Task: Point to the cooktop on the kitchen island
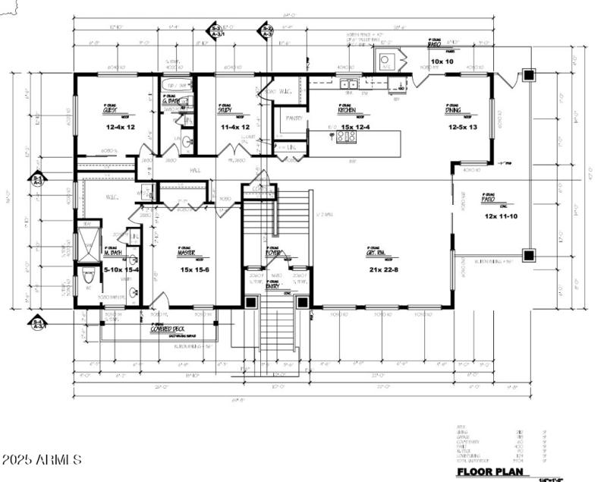[346, 137]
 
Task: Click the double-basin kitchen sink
[349, 83]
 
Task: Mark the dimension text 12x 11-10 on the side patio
[499, 216]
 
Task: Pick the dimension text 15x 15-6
[194, 268]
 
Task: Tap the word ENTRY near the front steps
[272, 286]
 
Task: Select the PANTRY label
[294, 118]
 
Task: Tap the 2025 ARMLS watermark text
[41, 460]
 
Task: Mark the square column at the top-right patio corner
[529, 74]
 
